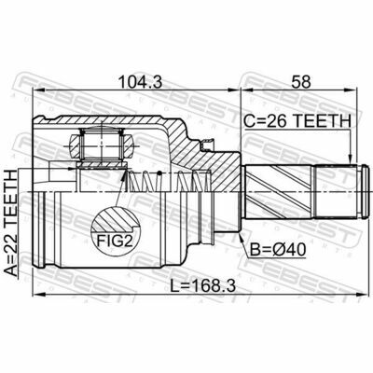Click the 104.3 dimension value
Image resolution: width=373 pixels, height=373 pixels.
coord(141,82)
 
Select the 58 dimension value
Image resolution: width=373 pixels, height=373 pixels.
coord(300,82)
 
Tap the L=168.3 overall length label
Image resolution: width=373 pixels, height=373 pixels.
coord(202,285)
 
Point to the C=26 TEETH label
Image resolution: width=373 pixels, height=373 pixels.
coord(297,121)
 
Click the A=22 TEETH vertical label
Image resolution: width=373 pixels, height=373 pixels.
coord(11,223)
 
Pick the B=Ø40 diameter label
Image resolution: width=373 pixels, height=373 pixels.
coord(278,250)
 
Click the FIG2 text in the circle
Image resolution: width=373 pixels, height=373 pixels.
coord(115,241)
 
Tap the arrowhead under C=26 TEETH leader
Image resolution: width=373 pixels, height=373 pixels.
coord(351,159)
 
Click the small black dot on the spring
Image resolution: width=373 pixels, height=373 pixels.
coord(159,173)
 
